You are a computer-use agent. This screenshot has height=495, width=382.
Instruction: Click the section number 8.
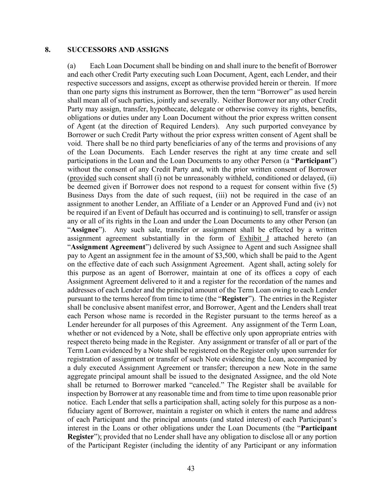pos(47,49)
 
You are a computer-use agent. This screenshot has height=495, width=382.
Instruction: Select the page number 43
pos(191,469)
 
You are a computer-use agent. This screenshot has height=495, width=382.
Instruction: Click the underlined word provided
pos(83,178)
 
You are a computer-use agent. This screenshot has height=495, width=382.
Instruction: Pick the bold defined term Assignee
pos(84,230)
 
